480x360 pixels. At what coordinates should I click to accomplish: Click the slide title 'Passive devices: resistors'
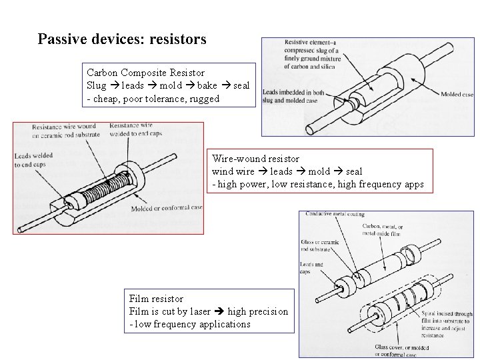(122, 39)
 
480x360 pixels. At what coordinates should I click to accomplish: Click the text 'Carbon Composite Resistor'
(146, 72)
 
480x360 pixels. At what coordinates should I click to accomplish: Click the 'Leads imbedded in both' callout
(291, 92)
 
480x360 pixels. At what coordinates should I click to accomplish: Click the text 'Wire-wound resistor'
(255, 159)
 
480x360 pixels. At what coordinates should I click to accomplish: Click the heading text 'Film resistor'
(156, 299)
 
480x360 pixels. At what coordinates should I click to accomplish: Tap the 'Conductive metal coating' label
(335, 214)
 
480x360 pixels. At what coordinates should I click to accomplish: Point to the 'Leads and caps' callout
(312, 268)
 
